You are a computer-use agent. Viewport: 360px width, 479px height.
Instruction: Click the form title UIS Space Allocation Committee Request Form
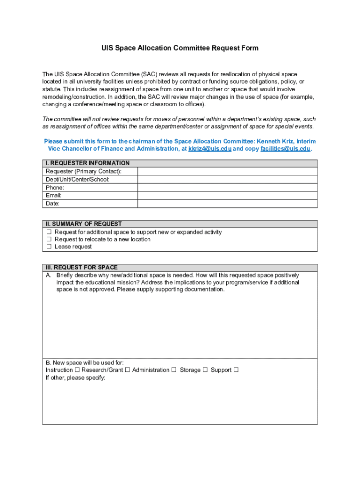point(180,48)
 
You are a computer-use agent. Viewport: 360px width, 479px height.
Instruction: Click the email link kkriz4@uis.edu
point(209,149)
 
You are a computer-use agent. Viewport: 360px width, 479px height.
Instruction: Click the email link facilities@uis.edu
point(285,149)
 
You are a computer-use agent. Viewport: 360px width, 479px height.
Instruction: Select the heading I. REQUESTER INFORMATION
point(87,163)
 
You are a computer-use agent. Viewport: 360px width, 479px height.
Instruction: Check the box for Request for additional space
point(48,232)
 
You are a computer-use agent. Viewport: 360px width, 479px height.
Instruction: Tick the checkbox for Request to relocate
point(48,239)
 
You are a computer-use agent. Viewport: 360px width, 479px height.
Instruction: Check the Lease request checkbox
point(48,247)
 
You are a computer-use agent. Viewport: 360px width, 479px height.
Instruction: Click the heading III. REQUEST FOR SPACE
point(81,268)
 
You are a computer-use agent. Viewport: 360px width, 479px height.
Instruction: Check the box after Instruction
point(77,370)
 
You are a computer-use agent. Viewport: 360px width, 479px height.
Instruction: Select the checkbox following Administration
point(174,370)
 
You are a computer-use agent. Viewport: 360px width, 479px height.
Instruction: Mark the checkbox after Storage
point(205,370)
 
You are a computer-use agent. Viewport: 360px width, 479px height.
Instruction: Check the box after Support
point(236,370)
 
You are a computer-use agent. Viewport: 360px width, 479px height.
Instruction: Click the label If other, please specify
point(75,378)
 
